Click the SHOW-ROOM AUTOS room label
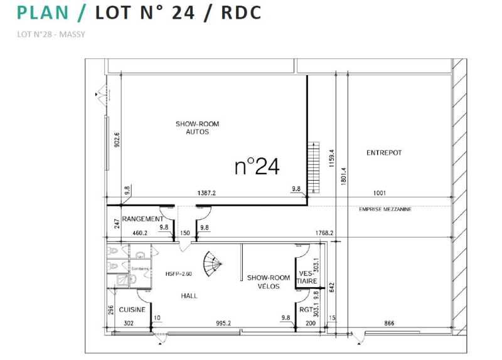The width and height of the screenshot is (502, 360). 197,128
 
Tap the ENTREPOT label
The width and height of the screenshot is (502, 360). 383,152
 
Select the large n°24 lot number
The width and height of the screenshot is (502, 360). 257,166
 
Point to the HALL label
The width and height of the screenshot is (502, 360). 190,295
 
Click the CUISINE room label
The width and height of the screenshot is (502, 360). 132,309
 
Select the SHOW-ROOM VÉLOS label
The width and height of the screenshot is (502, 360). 268,282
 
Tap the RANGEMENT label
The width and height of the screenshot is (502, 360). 142,219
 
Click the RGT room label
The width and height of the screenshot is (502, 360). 306,309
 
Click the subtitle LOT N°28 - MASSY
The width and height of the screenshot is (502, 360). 51,34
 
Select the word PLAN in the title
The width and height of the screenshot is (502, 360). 43,12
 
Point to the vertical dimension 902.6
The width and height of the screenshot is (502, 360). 117,139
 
